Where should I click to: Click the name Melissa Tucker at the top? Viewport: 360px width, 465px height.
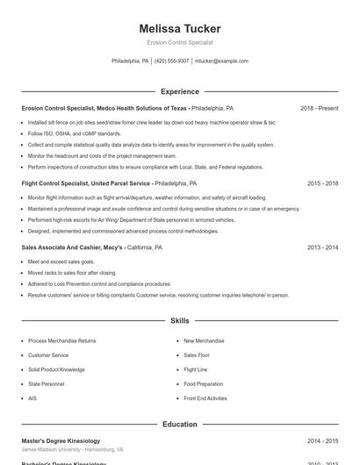179,28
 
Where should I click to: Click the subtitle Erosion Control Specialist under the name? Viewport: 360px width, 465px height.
179,42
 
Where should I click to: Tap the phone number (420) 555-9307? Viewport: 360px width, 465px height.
171,61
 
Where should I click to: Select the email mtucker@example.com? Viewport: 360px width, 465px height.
221,61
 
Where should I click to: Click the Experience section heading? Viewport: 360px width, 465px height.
179,91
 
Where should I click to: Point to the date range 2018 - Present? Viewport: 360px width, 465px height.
319,108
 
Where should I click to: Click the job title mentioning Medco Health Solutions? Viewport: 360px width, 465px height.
105,108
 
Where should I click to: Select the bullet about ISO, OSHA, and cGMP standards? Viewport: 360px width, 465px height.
75,133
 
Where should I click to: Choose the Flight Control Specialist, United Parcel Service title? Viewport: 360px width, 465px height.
86,184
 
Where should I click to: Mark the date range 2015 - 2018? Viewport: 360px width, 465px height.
322,184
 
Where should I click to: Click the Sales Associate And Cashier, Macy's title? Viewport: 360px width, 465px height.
72,248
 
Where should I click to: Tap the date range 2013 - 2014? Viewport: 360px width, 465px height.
322,248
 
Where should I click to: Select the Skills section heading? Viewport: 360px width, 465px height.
179,322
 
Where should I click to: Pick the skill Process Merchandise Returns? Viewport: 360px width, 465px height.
61,340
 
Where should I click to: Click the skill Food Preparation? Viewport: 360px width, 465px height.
204,383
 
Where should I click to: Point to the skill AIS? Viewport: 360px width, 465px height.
32,398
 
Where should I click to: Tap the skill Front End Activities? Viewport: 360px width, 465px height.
205,398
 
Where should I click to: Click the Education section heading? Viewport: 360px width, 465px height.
179,425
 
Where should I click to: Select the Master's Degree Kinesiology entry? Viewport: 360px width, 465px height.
61,440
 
